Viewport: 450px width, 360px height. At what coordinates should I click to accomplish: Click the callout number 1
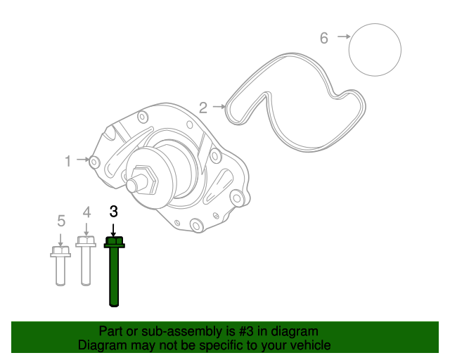point(68,162)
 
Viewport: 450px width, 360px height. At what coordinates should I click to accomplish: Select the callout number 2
point(203,108)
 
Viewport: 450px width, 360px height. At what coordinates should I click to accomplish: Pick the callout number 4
point(86,212)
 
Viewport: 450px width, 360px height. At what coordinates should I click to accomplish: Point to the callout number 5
point(60,221)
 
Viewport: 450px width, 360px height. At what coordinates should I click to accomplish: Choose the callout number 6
point(324,38)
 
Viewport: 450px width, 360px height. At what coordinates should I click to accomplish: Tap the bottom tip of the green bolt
point(114,304)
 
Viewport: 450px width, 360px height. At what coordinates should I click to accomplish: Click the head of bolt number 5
point(60,250)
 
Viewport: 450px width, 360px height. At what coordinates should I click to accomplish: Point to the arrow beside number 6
point(343,37)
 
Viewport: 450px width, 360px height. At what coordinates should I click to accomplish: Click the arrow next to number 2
point(218,108)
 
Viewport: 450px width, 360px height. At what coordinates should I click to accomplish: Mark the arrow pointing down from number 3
point(113,229)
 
